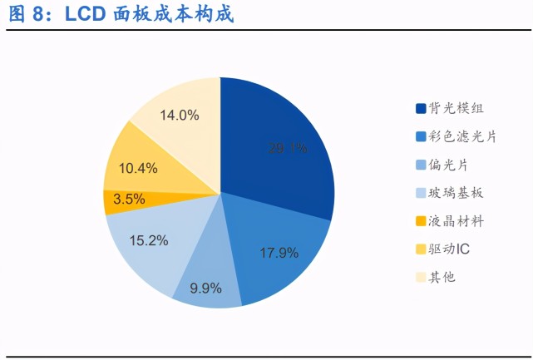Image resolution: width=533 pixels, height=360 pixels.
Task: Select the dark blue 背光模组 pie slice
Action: coord(279,145)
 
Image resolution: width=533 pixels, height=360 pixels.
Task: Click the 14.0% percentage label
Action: coord(179,116)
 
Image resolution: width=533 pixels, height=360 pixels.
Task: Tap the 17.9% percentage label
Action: coord(279,253)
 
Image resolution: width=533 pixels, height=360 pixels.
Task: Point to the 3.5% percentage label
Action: coord(128,200)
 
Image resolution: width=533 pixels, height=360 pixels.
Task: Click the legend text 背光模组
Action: coord(457,109)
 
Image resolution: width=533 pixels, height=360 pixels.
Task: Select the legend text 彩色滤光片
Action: coord(463,136)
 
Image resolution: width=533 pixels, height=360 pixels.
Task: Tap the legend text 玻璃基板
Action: coord(457,193)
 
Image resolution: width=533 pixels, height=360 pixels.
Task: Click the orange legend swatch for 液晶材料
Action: coord(421,221)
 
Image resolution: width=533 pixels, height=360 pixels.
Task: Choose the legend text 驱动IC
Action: coord(453,249)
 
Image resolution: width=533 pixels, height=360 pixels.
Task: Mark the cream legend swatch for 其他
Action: coord(421,277)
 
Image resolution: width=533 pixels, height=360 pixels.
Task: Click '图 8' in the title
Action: coord(27,15)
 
